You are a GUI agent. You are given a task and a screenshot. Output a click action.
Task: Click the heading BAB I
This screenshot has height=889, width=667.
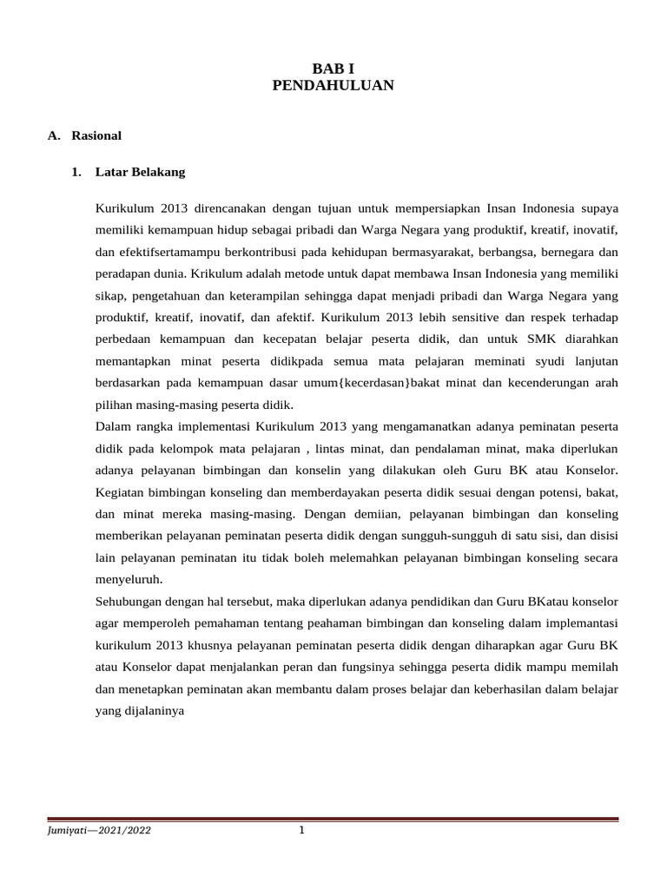coord(333,68)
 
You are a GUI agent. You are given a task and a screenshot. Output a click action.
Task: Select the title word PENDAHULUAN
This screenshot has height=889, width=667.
coord(333,85)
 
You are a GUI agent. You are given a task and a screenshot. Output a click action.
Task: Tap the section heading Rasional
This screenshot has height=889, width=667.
coord(96,135)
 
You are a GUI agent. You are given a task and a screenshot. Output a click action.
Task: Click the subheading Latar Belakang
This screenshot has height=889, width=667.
coord(141,172)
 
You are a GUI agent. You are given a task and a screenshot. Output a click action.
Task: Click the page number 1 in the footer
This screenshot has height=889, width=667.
coord(301,831)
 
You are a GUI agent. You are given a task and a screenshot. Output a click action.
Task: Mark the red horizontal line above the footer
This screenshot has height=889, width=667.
coord(333,819)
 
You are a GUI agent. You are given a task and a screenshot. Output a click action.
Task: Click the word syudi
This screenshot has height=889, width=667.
coord(541,361)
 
